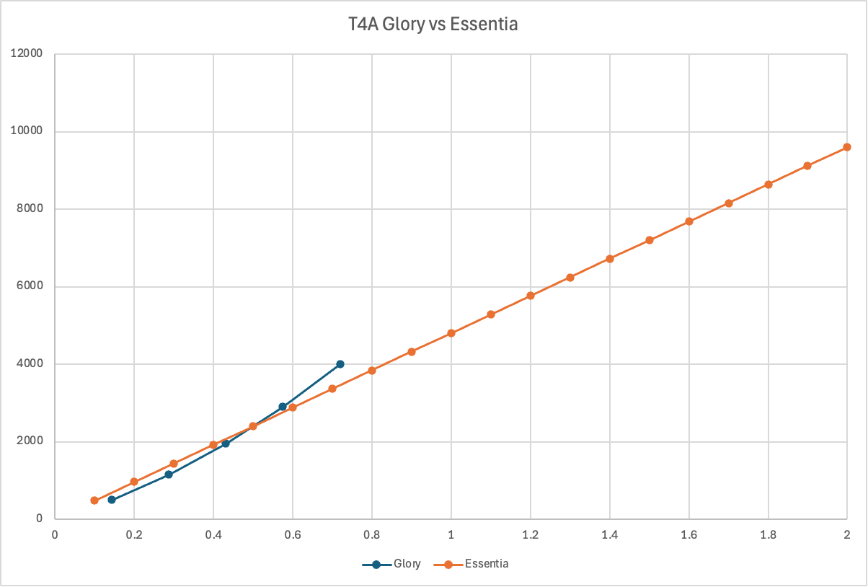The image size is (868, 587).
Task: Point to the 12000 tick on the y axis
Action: [28, 53]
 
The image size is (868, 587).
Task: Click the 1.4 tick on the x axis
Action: [609, 534]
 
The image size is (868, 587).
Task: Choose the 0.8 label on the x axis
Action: [371, 534]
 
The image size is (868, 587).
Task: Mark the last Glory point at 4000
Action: [340, 364]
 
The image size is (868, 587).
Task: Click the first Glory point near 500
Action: [112, 500]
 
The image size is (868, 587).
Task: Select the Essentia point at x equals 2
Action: [847, 147]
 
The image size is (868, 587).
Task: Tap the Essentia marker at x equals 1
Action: [451, 333]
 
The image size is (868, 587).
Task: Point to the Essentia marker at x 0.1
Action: [94, 500]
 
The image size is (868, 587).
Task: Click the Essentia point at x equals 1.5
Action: [650, 240]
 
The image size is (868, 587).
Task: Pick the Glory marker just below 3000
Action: [283, 407]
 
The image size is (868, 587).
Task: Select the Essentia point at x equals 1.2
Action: [531, 296]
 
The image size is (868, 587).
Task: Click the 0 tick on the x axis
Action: [55, 534]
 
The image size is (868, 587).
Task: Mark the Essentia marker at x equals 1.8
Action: [769, 185]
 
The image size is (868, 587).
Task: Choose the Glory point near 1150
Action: [169, 475]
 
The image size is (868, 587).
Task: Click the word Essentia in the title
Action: [484, 25]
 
